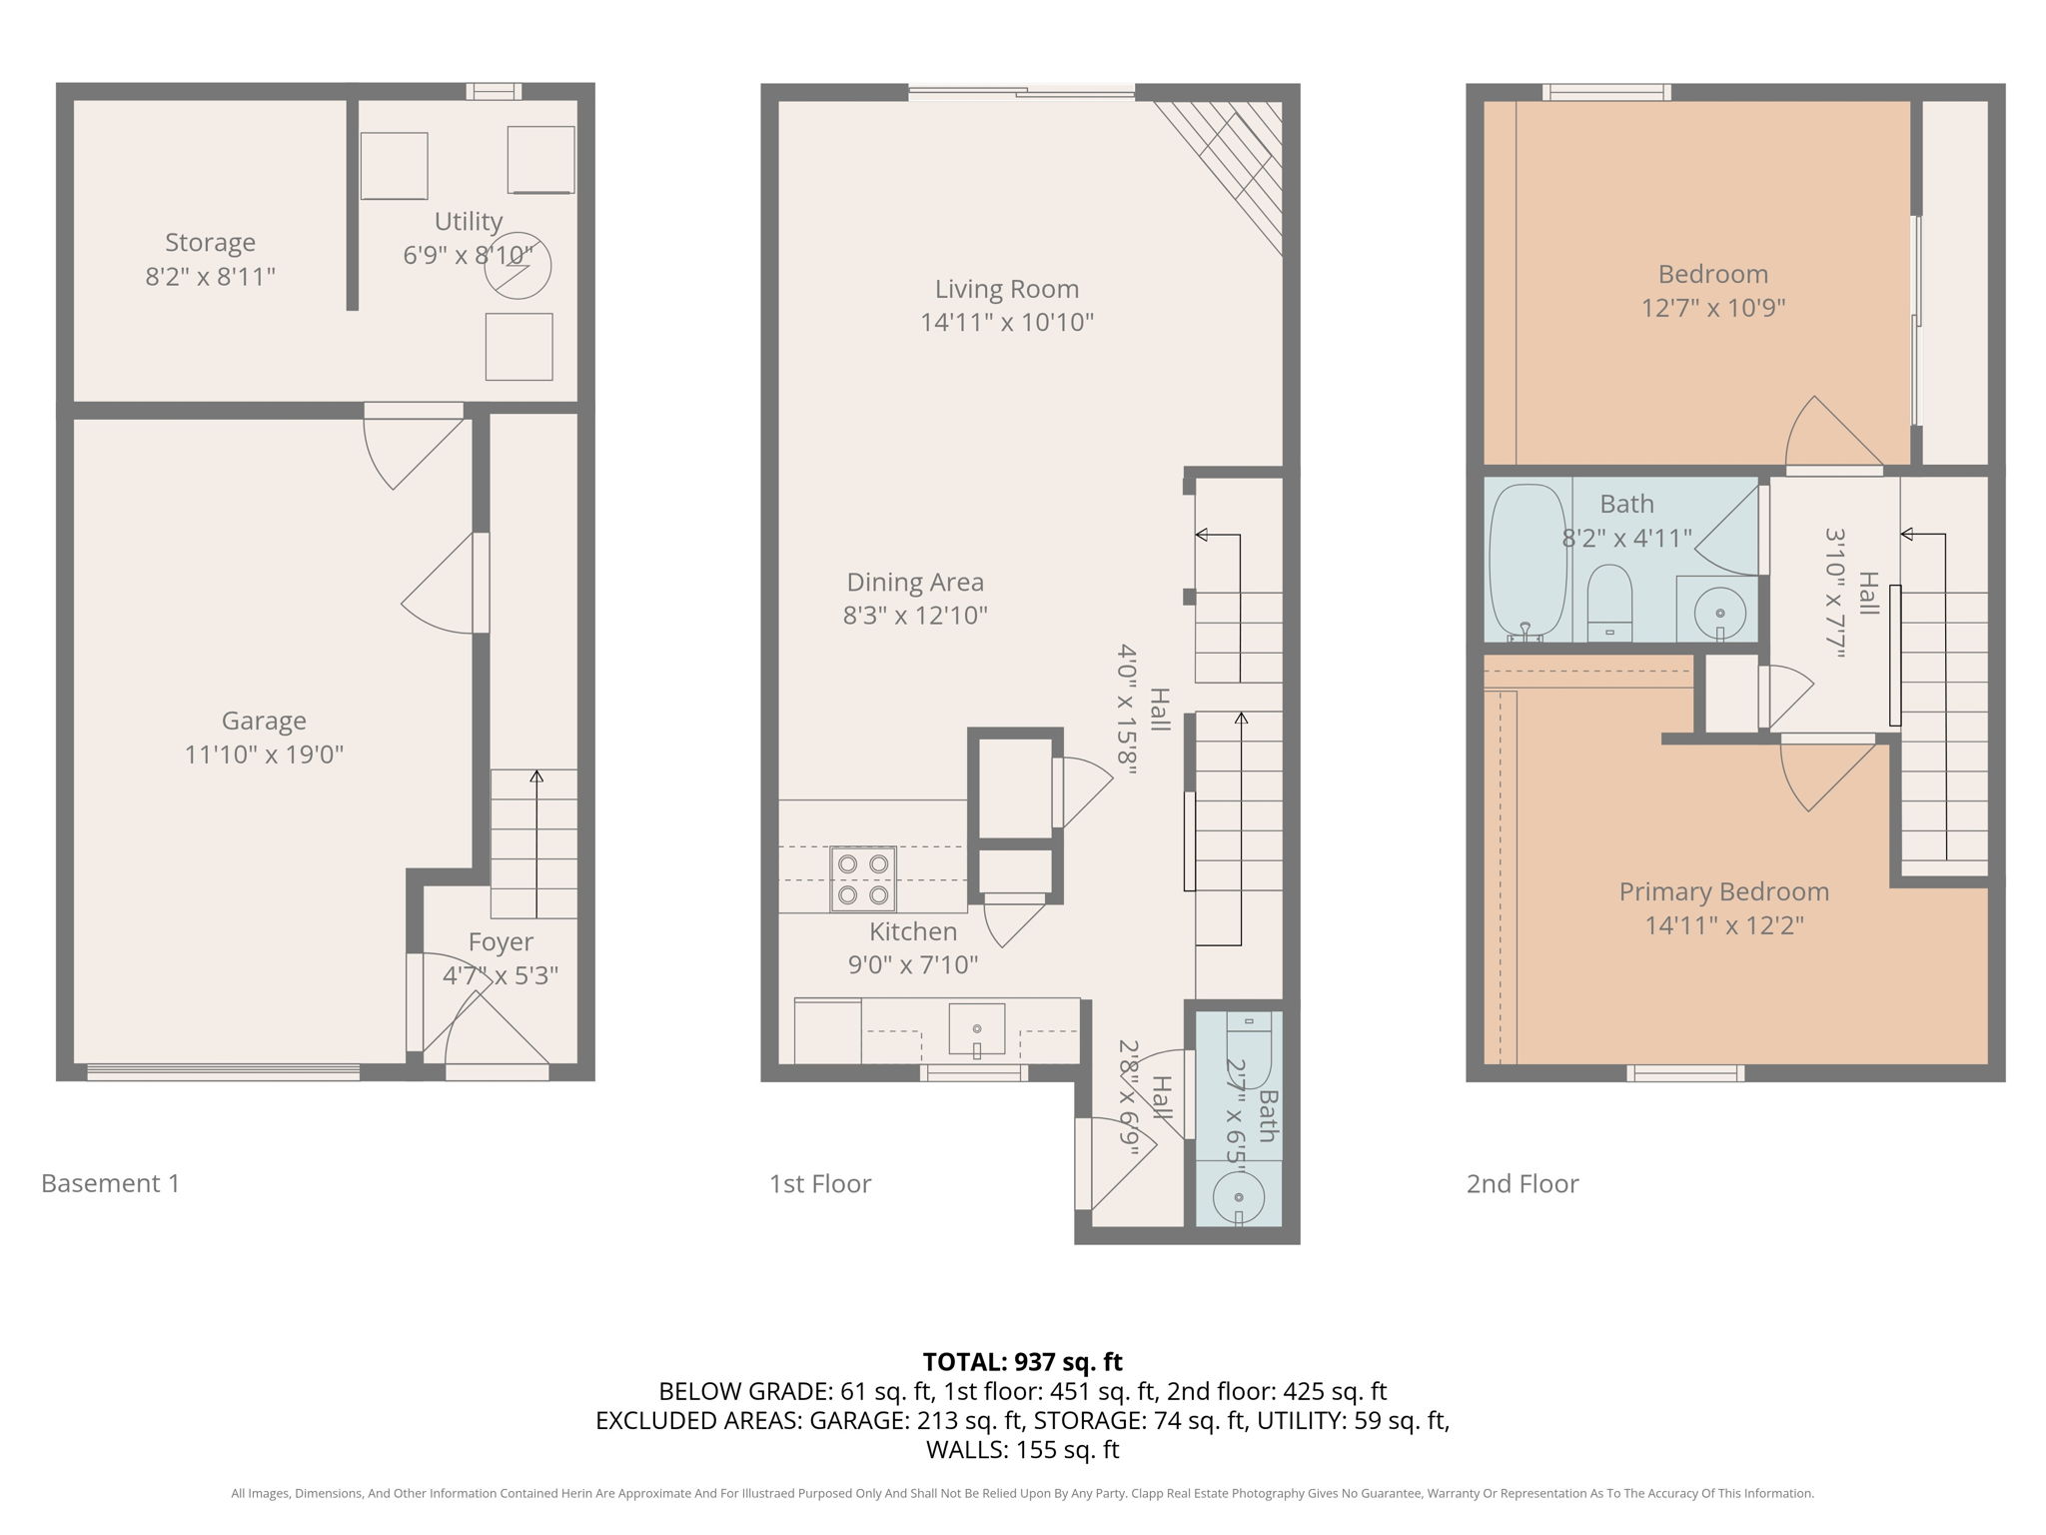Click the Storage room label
pos(210,243)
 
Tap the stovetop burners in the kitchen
pos(862,878)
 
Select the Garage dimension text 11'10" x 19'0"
pos(264,755)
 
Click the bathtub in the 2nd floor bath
pos(1527,563)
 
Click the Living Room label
pos(1006,290)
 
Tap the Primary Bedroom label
pos(1723,891)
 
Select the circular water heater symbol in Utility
pos(517,266)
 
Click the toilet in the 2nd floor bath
pos(1608,603)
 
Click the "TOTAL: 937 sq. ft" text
pos(1022,1362)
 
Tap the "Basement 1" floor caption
pos(110,1183)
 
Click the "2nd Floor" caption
pos(1522,1184)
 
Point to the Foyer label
pos(501,942)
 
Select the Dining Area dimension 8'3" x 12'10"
pos(914,616)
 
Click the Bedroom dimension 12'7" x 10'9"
pos(1712,308)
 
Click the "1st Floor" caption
pos(819,1184)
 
